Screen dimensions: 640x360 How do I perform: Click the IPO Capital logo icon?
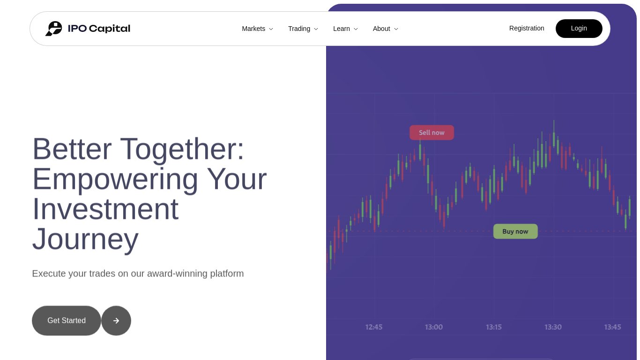point(54,29)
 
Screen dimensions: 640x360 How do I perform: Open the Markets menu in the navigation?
point(257,29)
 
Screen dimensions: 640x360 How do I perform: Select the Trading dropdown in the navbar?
point(303,29)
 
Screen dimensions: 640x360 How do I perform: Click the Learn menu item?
point(345,29)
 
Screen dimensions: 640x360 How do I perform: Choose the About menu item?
point(386,29)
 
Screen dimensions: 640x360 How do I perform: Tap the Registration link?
point(527,28)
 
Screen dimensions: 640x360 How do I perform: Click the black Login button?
point(579,29)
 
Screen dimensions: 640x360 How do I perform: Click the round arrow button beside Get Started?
point(116,321)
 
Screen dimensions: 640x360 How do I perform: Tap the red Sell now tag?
point(432,133)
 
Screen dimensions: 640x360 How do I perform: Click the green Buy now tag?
point(515,231)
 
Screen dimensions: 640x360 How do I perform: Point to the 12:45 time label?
point(374,327)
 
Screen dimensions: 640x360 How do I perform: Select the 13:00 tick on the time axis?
point(434,327)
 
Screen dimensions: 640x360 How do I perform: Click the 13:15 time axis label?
point(494,327)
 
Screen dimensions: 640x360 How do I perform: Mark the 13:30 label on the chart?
point(553,327)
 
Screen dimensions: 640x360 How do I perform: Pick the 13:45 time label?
point(612,327)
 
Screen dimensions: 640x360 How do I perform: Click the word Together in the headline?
point(182,150)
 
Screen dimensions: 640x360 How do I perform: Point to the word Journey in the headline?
point(85,240)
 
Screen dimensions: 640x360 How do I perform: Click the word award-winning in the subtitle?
point(177,274)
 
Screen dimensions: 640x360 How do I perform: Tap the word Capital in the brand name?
point(110,29)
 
